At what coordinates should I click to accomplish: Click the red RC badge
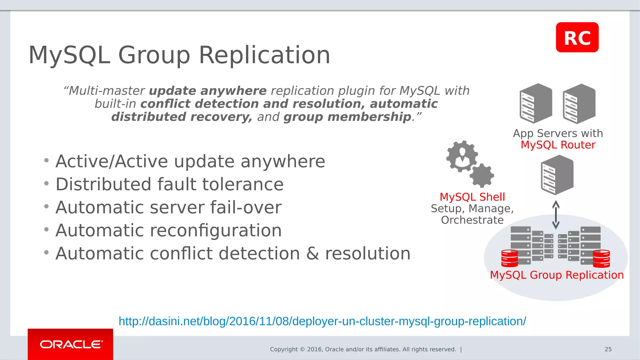coord(577,37)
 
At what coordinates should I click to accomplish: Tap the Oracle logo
coord(71,344)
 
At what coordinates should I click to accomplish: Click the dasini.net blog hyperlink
coord(322,321)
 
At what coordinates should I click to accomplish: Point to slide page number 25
coord(608,349)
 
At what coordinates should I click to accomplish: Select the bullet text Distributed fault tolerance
coord(169,184)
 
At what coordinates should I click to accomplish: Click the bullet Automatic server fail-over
coord(168,207)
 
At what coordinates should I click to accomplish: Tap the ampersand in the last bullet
coord(312,253)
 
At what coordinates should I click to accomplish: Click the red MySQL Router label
coord(558,145)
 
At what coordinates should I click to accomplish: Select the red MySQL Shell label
coord(472,197)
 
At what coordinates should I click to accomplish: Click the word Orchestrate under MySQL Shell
coord(472,220)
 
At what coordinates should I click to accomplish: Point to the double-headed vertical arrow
coord(556,215)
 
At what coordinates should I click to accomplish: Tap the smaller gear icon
coord(482,176)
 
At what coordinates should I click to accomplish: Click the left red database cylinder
coord(509,258)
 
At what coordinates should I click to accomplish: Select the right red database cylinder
coord(601,258)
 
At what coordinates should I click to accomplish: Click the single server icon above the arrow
coord(557,175)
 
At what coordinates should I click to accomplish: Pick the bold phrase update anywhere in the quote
coord(208,91)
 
